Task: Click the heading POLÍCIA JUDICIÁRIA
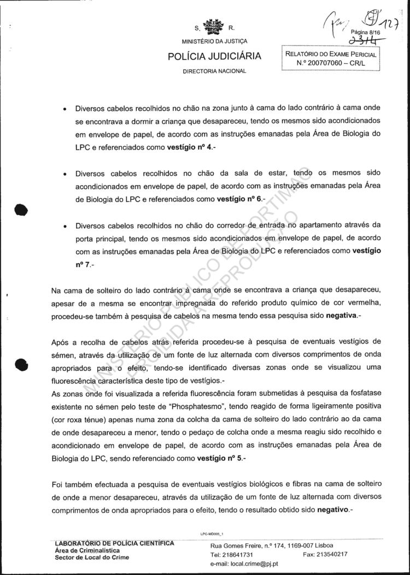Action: tap(214, 57)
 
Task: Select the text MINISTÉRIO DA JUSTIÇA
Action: tap(214, 42)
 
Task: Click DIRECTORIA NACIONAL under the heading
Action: tap(214, 71)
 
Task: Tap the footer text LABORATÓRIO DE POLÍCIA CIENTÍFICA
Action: tap(115, 543)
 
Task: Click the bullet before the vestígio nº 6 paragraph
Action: tap(65, 174)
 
